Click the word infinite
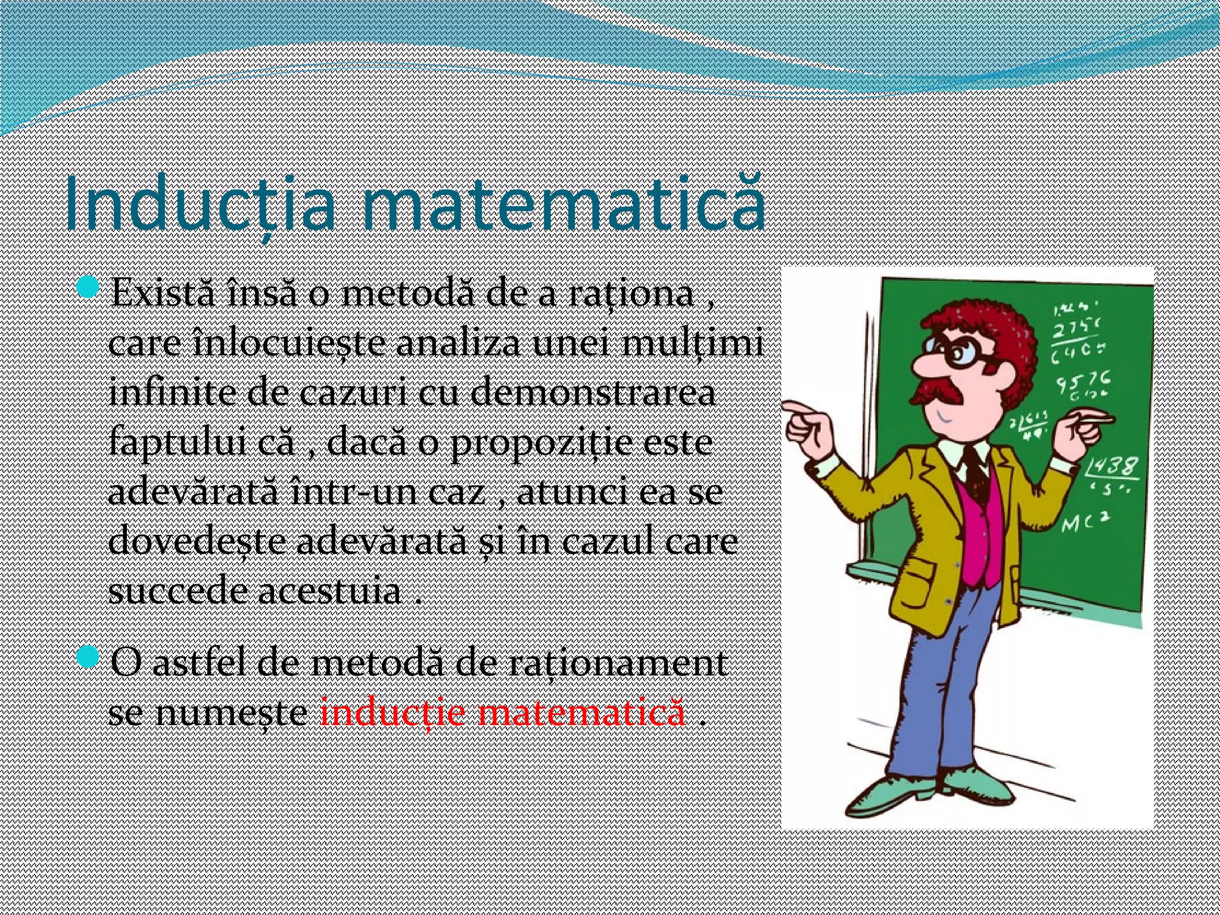coord(170,394)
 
